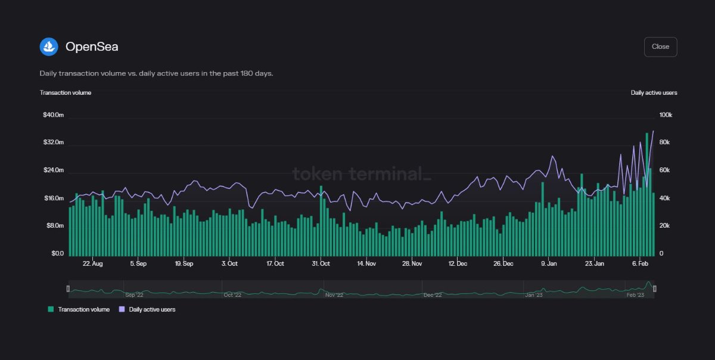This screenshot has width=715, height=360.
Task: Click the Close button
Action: click(x=660, y=46)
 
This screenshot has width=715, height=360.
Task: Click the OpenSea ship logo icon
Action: click(x=49, y=46)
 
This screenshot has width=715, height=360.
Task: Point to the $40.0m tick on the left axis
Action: click(x=53, y=115)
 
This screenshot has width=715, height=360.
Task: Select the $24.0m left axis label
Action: click(x=53, y=170)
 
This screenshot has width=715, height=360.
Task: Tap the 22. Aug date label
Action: click(x=92, y=263)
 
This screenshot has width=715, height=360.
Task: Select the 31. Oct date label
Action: click(x=321, y=263)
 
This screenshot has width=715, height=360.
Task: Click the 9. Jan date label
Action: click(x=549, y=263)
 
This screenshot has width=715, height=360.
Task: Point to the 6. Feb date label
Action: click(x=640, y=263)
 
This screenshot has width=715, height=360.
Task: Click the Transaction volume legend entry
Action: click(x=79, y=309)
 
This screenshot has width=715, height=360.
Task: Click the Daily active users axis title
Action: click(x=654, y=92)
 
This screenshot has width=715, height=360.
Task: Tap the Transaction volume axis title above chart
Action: click(x=66, y=92)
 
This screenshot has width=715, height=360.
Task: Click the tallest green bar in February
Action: click(x=647, y=191)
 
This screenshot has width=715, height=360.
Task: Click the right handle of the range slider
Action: click(x=655, y=289)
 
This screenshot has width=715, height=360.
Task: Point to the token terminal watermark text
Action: click(x=361, y=174)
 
